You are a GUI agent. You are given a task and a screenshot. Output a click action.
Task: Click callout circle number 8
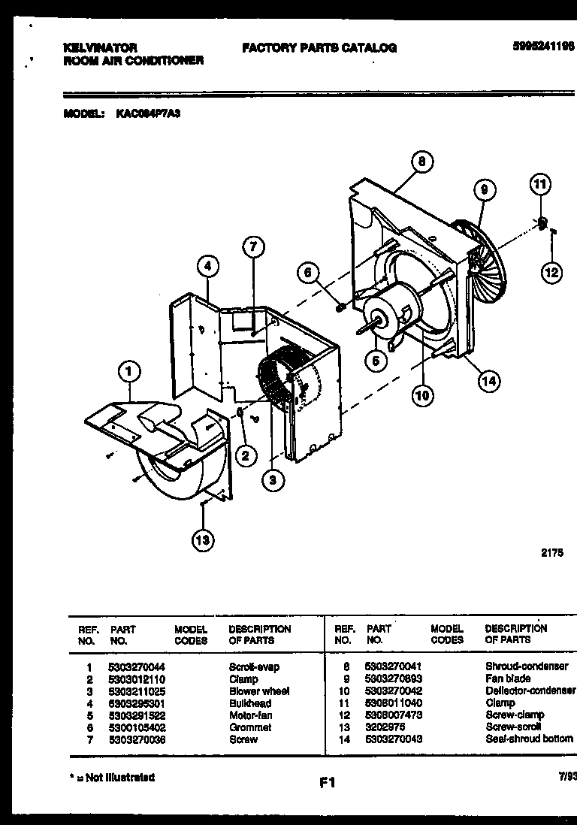(x=422, y=161)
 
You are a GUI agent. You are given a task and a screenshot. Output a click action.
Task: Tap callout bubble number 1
(x=130, y=370)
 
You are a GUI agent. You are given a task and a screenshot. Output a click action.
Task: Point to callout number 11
(x=540, y=183)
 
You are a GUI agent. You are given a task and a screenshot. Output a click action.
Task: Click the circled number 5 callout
(x=376, y=361)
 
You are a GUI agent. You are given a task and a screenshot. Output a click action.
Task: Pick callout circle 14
(x=488, y=381)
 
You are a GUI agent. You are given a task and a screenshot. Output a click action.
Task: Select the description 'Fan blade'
(x=507, y=678)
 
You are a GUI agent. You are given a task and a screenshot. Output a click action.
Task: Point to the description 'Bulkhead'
(x=250, y=703)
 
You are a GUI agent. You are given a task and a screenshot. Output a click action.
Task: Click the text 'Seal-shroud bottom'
(x=529, y=739)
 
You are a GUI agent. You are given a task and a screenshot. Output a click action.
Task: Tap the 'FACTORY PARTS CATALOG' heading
(x=319, y=47)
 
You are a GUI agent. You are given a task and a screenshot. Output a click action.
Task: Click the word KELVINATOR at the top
(x=100, y=47)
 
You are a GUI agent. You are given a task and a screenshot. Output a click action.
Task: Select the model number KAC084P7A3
(x=148, y=114)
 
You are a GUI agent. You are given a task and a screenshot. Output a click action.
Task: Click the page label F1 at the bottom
(x=327, y=783)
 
